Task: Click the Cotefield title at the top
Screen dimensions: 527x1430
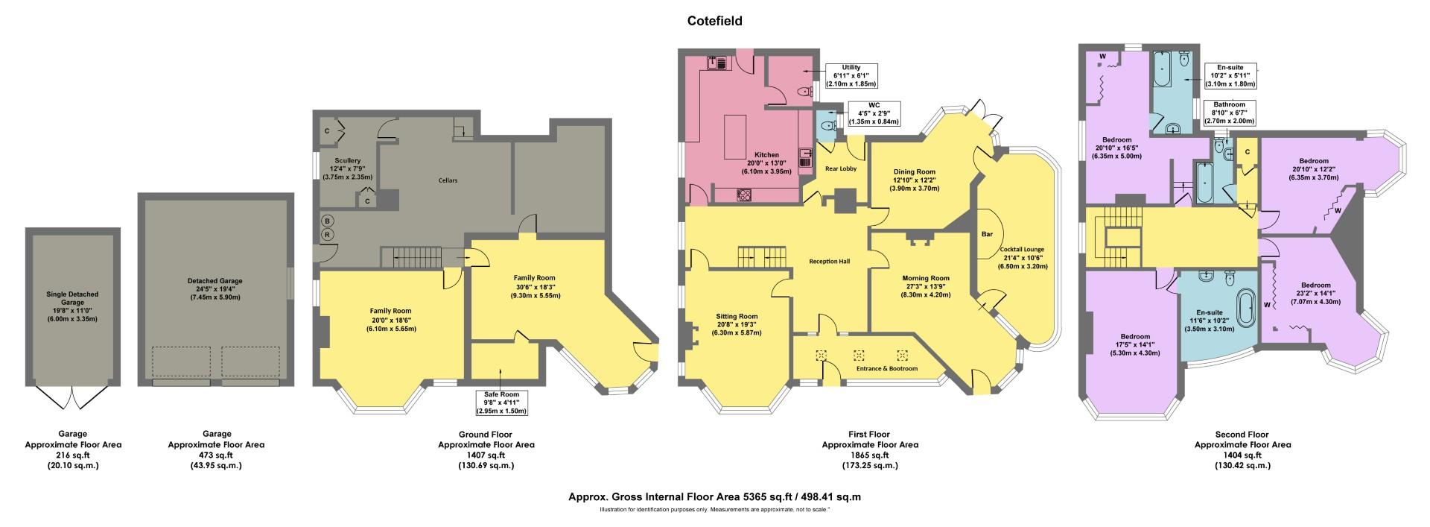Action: point(714,22)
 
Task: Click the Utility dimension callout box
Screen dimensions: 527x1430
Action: point(850,75)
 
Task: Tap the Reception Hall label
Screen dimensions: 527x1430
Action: point(830,262)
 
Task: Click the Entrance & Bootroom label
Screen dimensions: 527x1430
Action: point(886,369)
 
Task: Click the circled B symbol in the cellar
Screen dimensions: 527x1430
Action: point(326,221)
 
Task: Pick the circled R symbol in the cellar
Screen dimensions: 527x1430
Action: point(326,235)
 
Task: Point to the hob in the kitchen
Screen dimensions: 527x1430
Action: point(744,195)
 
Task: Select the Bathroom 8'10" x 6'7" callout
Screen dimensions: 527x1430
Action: point(1228,113)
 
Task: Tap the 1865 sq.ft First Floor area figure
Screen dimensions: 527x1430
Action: point(869,455)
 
